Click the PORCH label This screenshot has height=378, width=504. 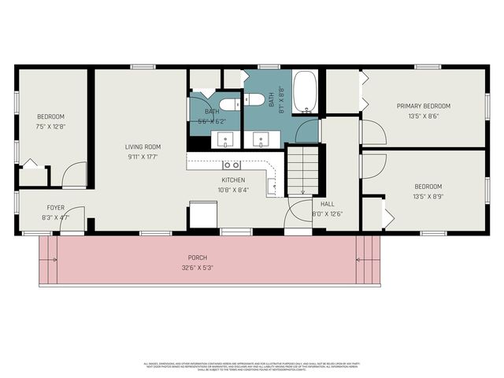(x=197, y=258)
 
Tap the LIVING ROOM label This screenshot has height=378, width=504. (x=143, y=146)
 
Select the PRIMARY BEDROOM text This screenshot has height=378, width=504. (x=423, y=106)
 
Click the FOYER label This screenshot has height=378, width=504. (x=55, y=209)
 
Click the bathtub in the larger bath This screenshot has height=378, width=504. (x=305, y=92)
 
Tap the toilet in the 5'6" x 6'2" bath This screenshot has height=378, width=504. (x=229, y=104)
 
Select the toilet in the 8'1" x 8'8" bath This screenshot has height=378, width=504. (x=254, y=99)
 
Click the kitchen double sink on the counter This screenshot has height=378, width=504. (x=232, y=165)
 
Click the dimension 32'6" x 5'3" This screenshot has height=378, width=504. (x=197, y=267)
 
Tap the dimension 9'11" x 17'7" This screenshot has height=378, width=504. (x=143, y=156)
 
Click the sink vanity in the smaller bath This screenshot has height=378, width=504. (x=226, y=141)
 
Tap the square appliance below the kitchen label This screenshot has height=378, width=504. (x=202, y=214)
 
